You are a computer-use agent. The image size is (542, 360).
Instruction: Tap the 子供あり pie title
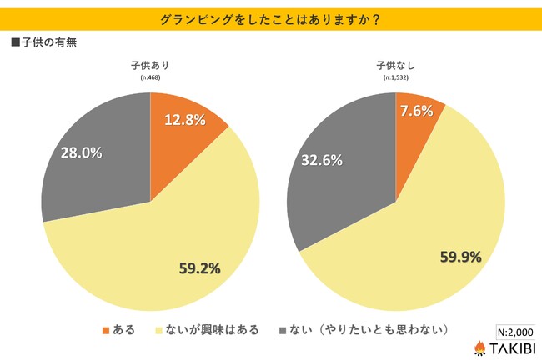[x=150, y=66]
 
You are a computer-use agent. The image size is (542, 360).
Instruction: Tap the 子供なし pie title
[x=395, y=66]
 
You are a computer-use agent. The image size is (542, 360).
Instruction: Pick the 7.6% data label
[x=416, y=111]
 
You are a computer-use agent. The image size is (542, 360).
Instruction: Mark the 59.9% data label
[x=461, y=257]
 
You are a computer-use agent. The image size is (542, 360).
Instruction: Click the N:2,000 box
[x=514, y=330]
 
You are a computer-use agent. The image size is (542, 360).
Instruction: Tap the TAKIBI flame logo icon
[x=481, y=347]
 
